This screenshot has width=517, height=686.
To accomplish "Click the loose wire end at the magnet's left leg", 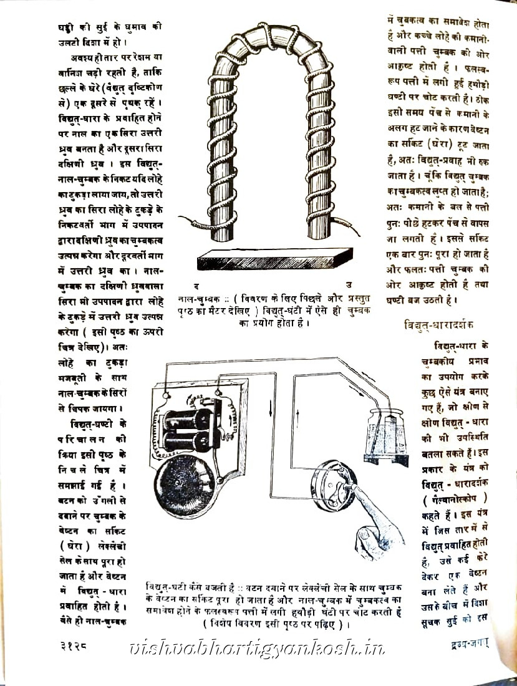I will [185, 218].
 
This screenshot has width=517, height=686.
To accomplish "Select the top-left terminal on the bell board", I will [167, 394].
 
